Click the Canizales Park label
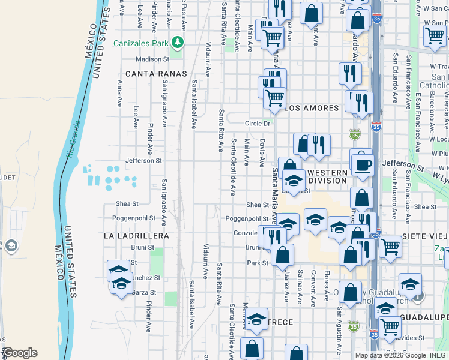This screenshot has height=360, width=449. pos(140,43)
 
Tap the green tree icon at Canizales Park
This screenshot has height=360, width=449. pos(177,42)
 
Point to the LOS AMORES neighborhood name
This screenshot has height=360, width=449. pos(312,109)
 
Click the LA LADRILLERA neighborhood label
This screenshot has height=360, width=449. pos(136,236)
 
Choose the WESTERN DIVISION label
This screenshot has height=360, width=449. pos(328,176)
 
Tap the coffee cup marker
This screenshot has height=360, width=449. pos(363,164)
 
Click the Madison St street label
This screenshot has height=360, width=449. pos(153,59)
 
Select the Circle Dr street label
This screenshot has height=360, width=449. pos(258,124)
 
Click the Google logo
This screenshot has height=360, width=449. pos(20,353)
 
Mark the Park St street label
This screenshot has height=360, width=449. pos(257,263)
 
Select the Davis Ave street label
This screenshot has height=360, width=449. pos(262,154)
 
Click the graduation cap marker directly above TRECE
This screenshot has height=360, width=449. pos(256,320)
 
